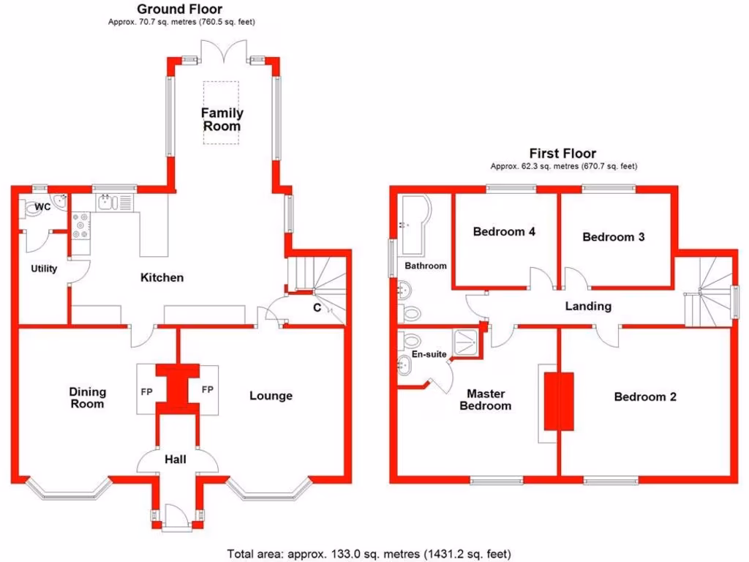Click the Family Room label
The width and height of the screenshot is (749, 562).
click(222, 119)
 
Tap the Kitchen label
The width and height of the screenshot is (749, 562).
click(162, 277)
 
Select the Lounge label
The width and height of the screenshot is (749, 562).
click(271, 396)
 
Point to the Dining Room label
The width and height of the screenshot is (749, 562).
click(87, 397)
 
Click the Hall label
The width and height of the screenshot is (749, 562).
click(176, 460)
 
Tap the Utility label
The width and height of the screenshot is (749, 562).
click(44, 269)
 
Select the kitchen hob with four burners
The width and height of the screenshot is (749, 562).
click(80, 225)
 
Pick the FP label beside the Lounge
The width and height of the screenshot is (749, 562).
click(207, 389)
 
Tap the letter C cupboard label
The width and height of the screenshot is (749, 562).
click(317, 308)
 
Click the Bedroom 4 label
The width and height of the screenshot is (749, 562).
click(504, 232)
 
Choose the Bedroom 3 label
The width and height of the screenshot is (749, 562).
click(614, 237)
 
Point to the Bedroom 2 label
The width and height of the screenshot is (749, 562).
click(645, 397)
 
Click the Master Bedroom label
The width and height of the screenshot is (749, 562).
click(486, 400)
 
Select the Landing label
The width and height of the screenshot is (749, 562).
click(588, 307)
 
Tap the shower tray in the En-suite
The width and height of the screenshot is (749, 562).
click(465, 342)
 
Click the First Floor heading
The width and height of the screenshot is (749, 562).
click(562, 154)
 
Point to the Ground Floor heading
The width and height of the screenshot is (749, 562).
click(180, 9)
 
